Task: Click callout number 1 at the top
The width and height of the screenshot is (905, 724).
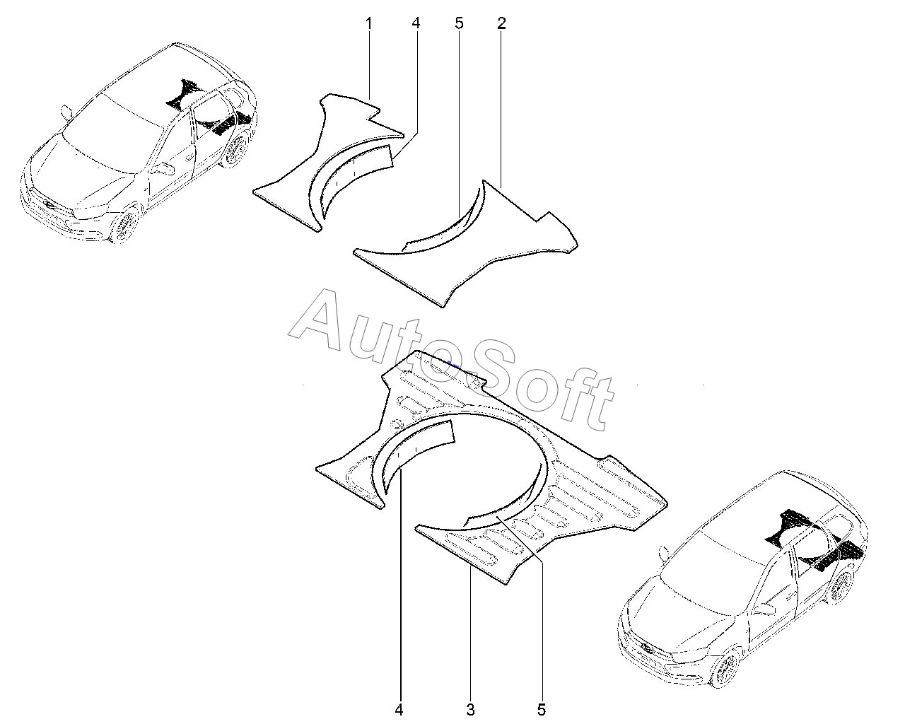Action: coord(368,23)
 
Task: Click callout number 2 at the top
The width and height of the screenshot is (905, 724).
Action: coord(501,23)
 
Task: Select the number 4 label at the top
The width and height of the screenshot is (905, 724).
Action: coord(416,23)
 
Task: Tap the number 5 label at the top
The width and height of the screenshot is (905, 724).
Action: coord(459,23)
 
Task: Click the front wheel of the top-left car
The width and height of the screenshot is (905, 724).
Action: coord(125,226)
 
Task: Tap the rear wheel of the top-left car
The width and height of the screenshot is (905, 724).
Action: coord(235,151)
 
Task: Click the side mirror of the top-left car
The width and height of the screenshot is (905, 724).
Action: coord(67,111)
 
